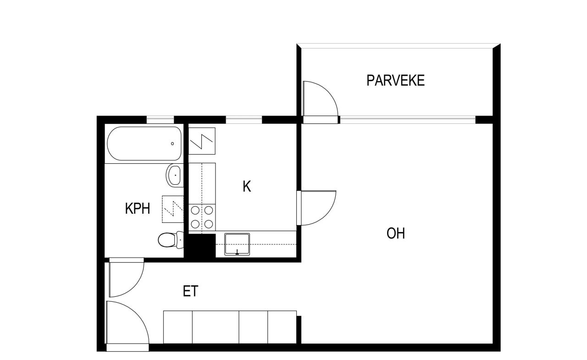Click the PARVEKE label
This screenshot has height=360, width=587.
(395, 80)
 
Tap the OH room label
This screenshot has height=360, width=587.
(395, 233)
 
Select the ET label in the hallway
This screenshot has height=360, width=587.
(190, 291)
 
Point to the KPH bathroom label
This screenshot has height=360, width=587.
(138, 209)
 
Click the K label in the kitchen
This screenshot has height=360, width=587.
(247, 187)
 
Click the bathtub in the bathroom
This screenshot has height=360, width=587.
(144, 143)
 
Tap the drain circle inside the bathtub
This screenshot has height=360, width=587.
(172, 144)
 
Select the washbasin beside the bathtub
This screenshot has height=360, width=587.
(174, 175)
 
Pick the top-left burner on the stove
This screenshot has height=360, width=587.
(195, 210)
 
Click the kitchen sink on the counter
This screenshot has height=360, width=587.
(237, 244)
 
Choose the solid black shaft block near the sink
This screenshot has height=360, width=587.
(202, 245)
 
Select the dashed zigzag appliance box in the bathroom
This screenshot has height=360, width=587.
(172, 209)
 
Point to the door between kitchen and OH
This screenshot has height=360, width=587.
(316, 207)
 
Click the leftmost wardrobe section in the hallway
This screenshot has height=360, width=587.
(177, 327)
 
